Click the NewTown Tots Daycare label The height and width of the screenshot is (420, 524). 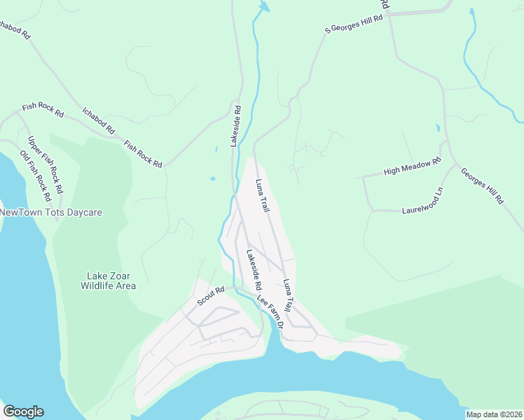pos(51,212)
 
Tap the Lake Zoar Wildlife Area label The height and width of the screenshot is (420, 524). pos(108,281)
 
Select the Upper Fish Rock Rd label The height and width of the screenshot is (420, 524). pos(46,164)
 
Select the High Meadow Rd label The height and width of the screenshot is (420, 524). pos(412,167)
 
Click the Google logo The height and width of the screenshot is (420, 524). pos(23,412)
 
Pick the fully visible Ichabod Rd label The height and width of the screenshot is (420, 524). pos(98,120)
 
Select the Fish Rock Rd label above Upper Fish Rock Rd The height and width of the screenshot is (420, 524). pos(43,108)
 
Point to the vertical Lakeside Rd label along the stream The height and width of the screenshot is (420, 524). pos(237,126)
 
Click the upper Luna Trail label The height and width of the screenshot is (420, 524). pos(263,196)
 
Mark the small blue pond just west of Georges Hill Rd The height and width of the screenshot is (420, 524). pos(438,129)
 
